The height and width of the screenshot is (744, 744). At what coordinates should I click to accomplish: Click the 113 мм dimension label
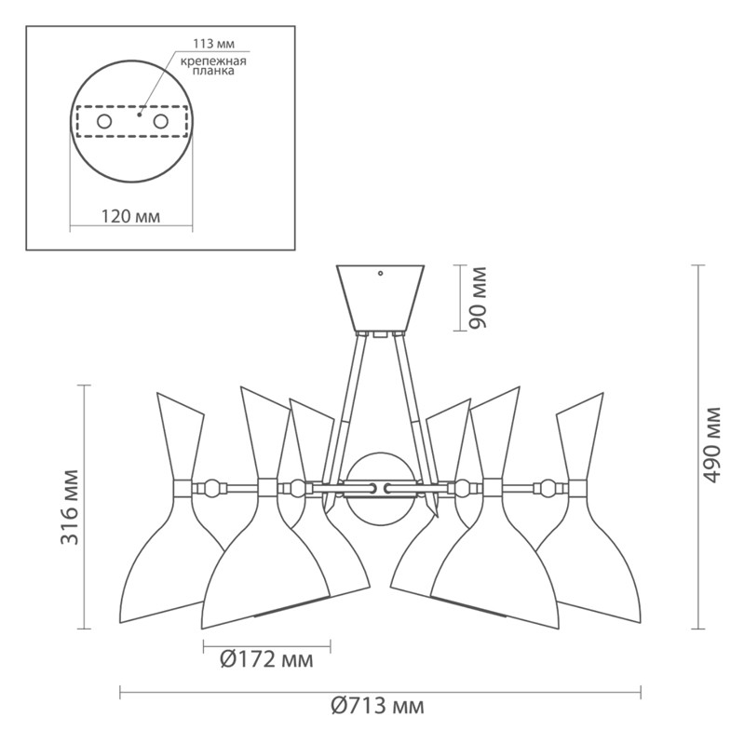[213, 44]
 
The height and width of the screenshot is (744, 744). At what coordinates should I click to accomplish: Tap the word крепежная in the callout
[213, 61]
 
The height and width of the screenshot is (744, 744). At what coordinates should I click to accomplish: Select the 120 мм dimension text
[131, 216]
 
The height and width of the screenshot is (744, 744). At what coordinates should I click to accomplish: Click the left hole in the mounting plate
[104, 121]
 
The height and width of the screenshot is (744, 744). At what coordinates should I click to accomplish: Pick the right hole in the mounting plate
[160, 121]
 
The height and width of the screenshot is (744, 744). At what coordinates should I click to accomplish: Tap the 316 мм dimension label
[70, 507]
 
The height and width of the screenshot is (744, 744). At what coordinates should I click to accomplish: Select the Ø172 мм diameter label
[266, 659]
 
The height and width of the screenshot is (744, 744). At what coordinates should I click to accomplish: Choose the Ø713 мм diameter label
[377, 706]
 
